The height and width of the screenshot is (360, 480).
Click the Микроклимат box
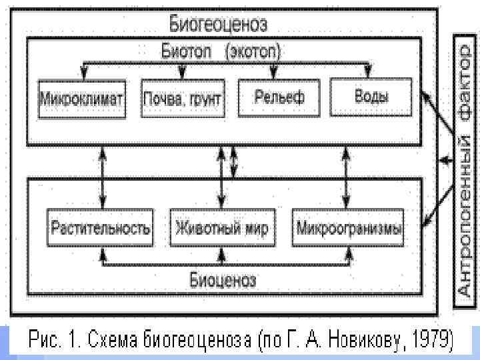coord(82,100)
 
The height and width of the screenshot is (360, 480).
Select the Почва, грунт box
coord(182,100)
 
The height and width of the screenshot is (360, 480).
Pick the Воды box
coord(371,96)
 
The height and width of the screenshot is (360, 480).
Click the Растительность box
coord(101,229)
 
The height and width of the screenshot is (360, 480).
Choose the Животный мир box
coord(221,229)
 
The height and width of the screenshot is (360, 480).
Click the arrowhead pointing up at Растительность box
coord(102,253)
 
